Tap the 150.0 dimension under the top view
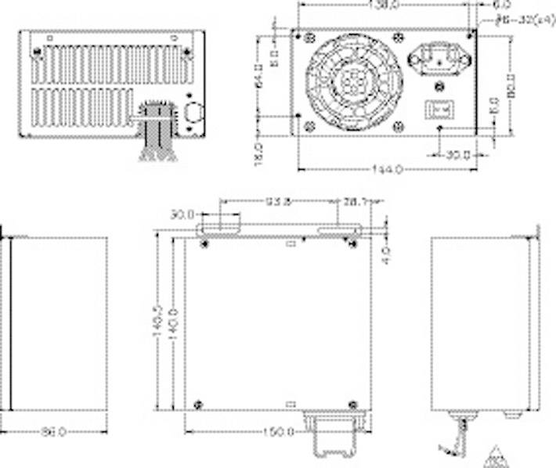coord(279,431)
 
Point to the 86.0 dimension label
coord(53,431)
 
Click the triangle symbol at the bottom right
coord(495,455)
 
